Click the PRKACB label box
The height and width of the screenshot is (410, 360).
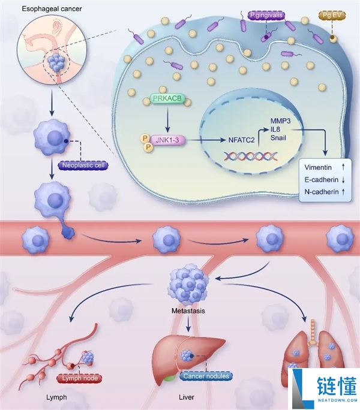[x=167, y=98]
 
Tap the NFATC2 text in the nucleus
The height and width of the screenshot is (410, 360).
[x=241, y=140]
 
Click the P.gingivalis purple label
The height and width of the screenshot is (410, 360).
[x=266, y=16]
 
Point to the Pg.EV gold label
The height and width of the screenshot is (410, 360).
[x=332, y=16]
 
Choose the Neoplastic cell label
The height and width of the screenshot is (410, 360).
[x=83, y=165]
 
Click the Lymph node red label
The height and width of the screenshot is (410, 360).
[x=80, y=378]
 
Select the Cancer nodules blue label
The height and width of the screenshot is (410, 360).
[x=206, y=376]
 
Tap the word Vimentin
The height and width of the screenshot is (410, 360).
[x=318, y=167]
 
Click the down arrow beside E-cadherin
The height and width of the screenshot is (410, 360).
[x=343, y=180]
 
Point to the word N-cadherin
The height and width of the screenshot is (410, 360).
[x=322, y=192]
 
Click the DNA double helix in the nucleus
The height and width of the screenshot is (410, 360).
[x=251, y=156]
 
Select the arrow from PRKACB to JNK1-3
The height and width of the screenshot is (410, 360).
[x=167, y=119]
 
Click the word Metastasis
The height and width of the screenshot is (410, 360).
[x=188, y=311]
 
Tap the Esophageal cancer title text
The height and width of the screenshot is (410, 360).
[x=52, y=9]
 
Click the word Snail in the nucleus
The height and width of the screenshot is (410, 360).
[x=278, y=138]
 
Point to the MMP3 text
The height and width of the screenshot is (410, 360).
[x=280, y=121]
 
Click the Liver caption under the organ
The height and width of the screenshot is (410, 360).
[x=187, y=397]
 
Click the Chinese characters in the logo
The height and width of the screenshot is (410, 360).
[x=337, y=386]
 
